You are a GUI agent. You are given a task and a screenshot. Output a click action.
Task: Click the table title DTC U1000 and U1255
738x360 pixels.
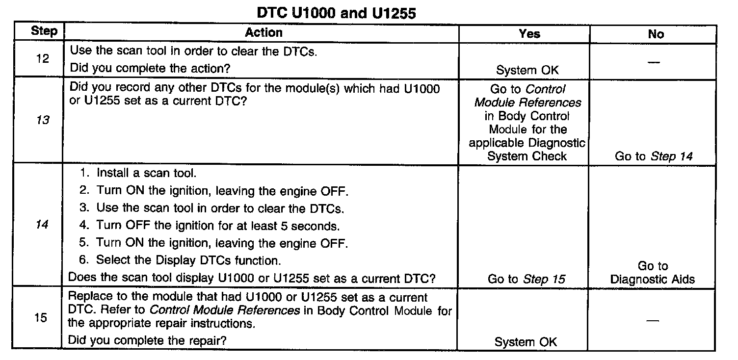point(336,13)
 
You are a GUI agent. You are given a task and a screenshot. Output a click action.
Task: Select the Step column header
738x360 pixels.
point(44,32)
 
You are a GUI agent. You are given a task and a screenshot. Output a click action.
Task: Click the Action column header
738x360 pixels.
point(264,33)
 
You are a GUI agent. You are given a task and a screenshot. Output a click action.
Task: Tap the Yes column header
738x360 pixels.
point(529,34)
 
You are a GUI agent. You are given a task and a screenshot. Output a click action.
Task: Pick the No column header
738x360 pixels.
point(656,34)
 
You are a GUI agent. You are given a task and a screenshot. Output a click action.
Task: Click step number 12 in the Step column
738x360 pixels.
point(43,59)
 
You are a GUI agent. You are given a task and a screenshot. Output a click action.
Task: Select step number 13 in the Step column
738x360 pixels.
point(43,120)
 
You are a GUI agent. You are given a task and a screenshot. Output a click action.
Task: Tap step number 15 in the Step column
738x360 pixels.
point(41,318)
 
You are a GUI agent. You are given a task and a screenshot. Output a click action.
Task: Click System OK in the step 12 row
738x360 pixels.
point(527,70)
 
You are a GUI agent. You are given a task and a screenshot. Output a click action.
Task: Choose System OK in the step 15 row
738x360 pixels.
point(526,342)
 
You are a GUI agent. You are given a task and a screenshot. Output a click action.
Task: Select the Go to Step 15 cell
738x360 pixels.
point(526,279)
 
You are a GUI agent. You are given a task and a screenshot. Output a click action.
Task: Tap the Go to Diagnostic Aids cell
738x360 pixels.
point(653,273)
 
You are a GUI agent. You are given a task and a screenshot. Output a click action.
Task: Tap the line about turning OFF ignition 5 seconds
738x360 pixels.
point(218,226)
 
